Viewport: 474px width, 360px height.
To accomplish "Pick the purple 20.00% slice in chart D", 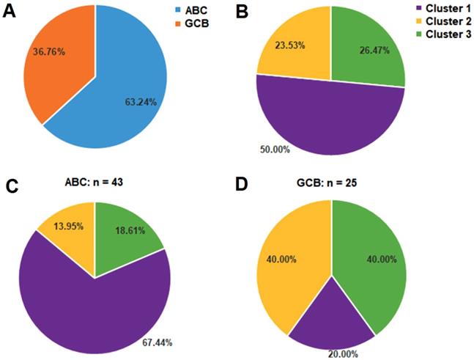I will [x=331, y=323].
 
